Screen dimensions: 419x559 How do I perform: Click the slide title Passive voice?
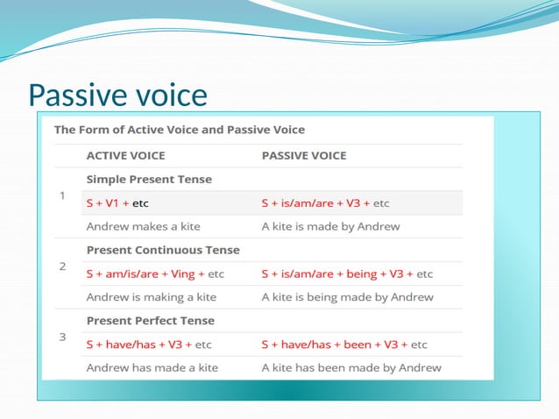point(117,95)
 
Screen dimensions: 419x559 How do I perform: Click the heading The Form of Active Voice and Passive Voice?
point(180,130)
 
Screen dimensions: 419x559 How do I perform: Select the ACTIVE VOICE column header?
point(125,156)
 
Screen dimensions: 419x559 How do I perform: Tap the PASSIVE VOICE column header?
point(304,156)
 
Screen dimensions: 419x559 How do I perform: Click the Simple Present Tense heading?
point(149,179)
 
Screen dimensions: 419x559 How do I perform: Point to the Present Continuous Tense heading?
point(163,250)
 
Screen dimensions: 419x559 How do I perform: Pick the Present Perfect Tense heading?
point(151,321)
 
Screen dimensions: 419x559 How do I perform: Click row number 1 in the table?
point(62,195)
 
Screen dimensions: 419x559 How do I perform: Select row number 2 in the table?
point(62,266)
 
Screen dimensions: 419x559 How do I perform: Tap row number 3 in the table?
point(62,337)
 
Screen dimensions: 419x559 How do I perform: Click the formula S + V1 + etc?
point(117,203)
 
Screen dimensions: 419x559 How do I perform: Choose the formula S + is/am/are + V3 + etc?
point(325,203)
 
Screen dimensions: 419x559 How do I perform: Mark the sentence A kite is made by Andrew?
point(330,226)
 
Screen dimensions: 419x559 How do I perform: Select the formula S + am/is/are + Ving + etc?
point(155,273)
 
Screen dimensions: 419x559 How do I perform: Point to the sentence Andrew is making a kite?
point(151,297)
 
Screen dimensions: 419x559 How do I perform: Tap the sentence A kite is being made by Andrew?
point(347,297)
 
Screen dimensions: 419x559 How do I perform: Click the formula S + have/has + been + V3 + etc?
point(344,344)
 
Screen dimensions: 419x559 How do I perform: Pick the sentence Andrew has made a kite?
point(152,368)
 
